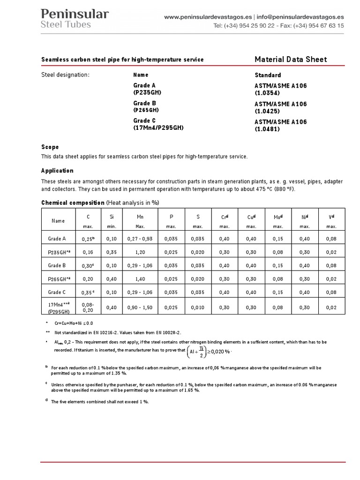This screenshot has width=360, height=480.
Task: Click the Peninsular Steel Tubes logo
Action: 75,19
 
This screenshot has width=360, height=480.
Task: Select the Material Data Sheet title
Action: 291,59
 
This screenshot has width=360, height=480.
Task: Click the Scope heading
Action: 50,147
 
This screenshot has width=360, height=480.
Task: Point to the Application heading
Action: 57,171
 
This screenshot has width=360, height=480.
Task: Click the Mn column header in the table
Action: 140,217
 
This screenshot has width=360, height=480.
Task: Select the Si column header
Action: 112,217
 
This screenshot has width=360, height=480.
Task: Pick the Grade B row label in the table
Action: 58,265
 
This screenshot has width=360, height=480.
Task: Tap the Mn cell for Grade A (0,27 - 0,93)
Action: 140,239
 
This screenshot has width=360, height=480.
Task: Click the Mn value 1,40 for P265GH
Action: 140,278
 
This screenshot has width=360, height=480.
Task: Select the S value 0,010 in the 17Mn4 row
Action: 198,307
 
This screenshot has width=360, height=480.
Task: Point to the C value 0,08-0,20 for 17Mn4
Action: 88,307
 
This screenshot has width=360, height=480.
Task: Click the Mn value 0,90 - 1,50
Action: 140,307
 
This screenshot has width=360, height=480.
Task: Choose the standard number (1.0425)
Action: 267,112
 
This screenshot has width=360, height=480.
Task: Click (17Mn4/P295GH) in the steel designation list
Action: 158,127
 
